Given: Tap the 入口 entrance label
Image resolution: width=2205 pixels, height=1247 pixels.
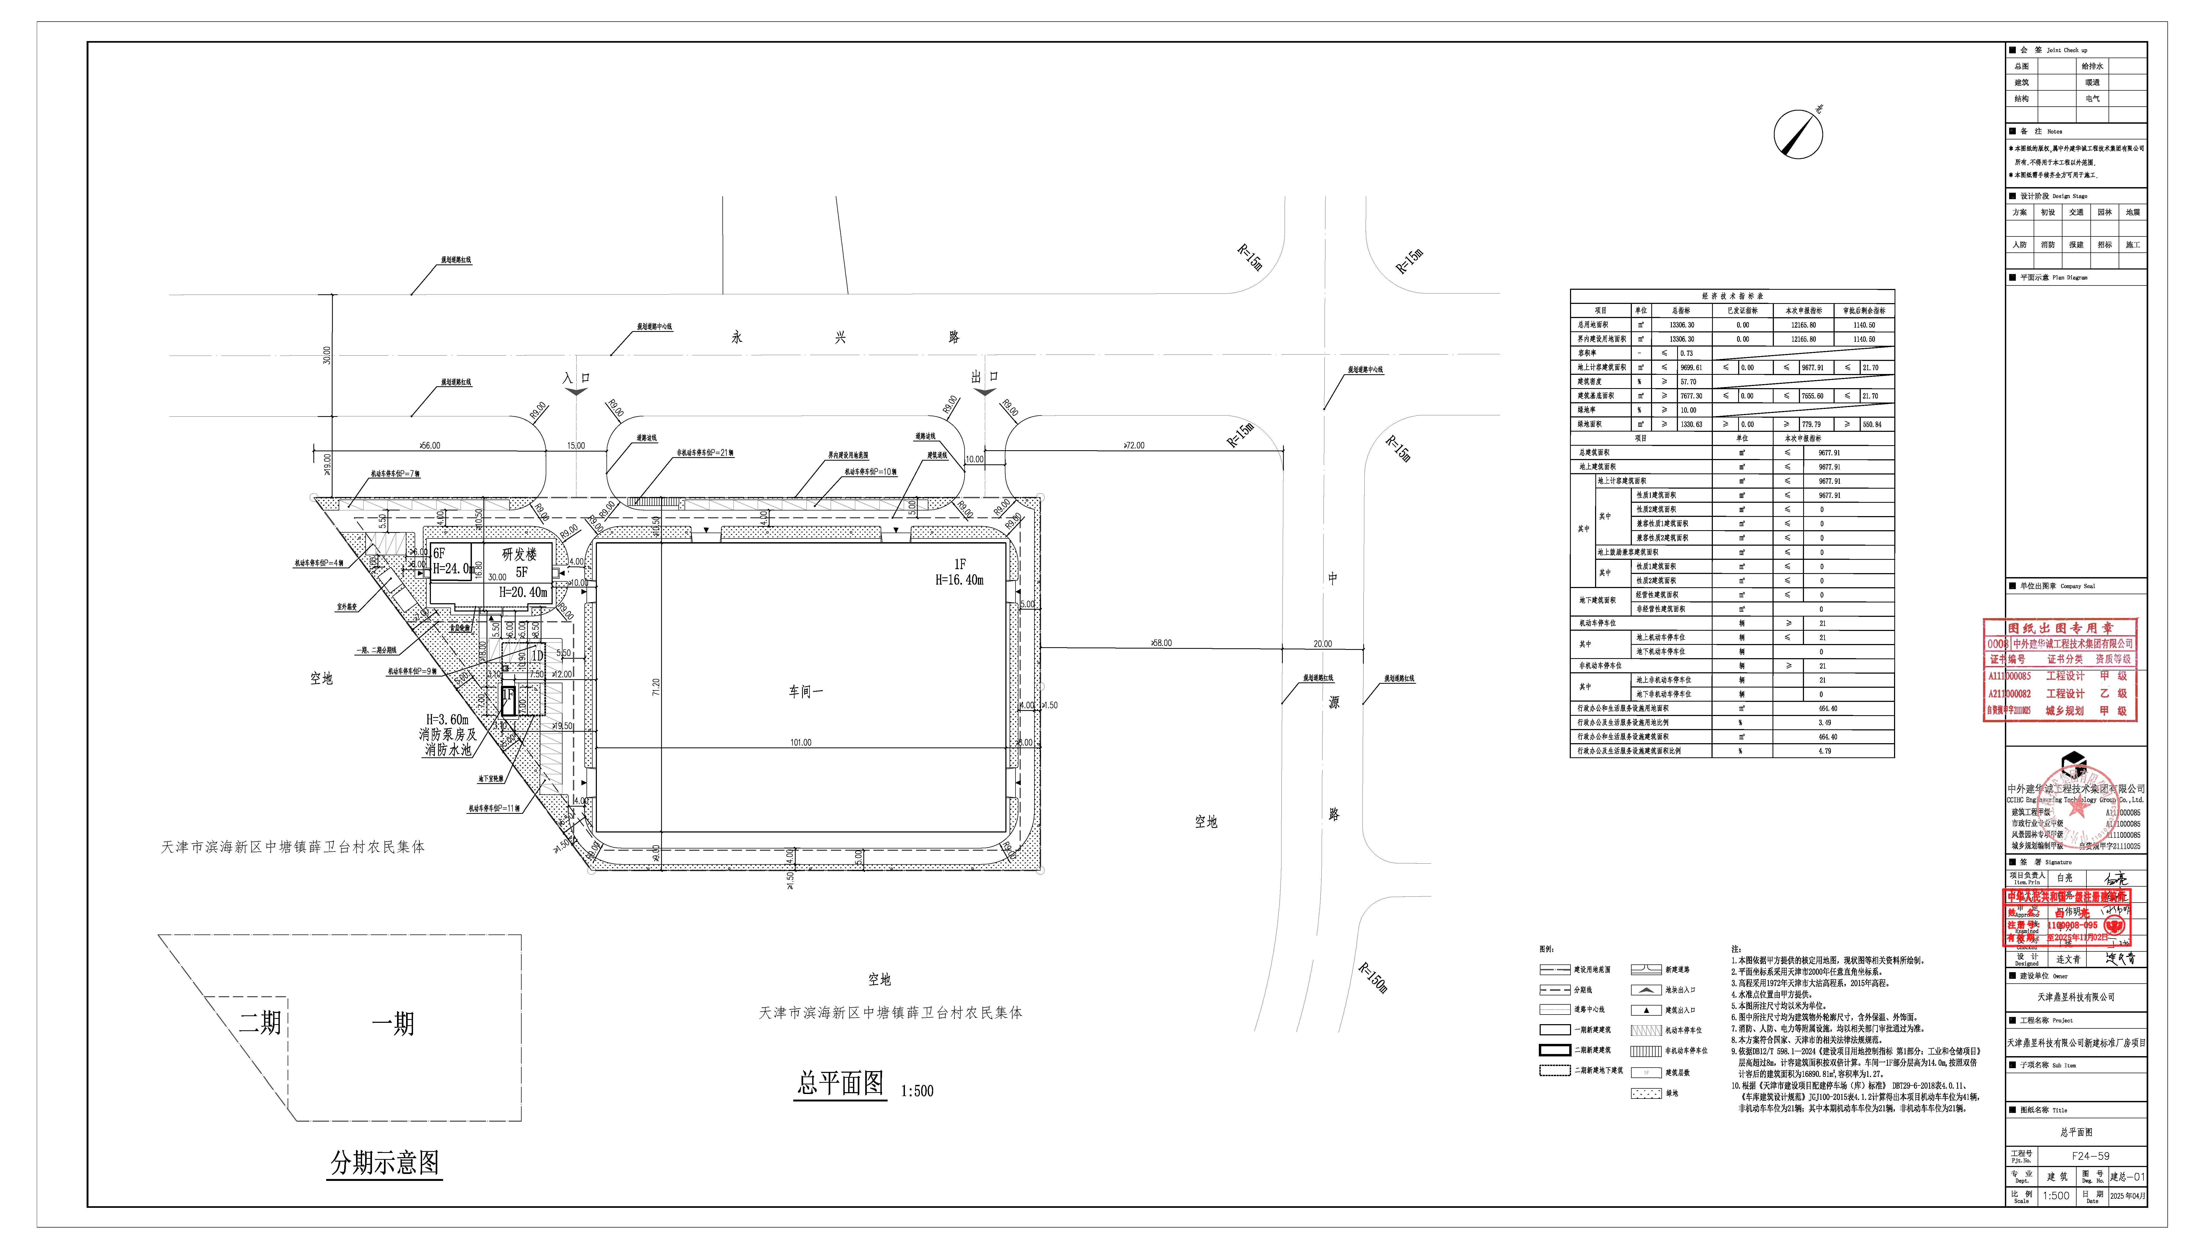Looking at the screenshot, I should coord(576,378).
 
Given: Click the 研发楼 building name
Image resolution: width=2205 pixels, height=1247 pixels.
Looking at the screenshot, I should coord(520,554).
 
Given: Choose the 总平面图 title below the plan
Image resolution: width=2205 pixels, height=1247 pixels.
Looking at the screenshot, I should coord(840,1083).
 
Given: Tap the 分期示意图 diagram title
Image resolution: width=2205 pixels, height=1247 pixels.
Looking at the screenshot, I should coord(385,1162).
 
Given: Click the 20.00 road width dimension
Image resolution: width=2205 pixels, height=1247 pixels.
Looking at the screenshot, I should coord(1322,643).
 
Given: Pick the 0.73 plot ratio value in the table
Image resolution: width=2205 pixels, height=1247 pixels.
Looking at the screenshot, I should coord(1686,353).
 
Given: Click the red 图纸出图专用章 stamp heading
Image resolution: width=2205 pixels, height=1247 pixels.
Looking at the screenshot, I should coord(2059,628).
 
